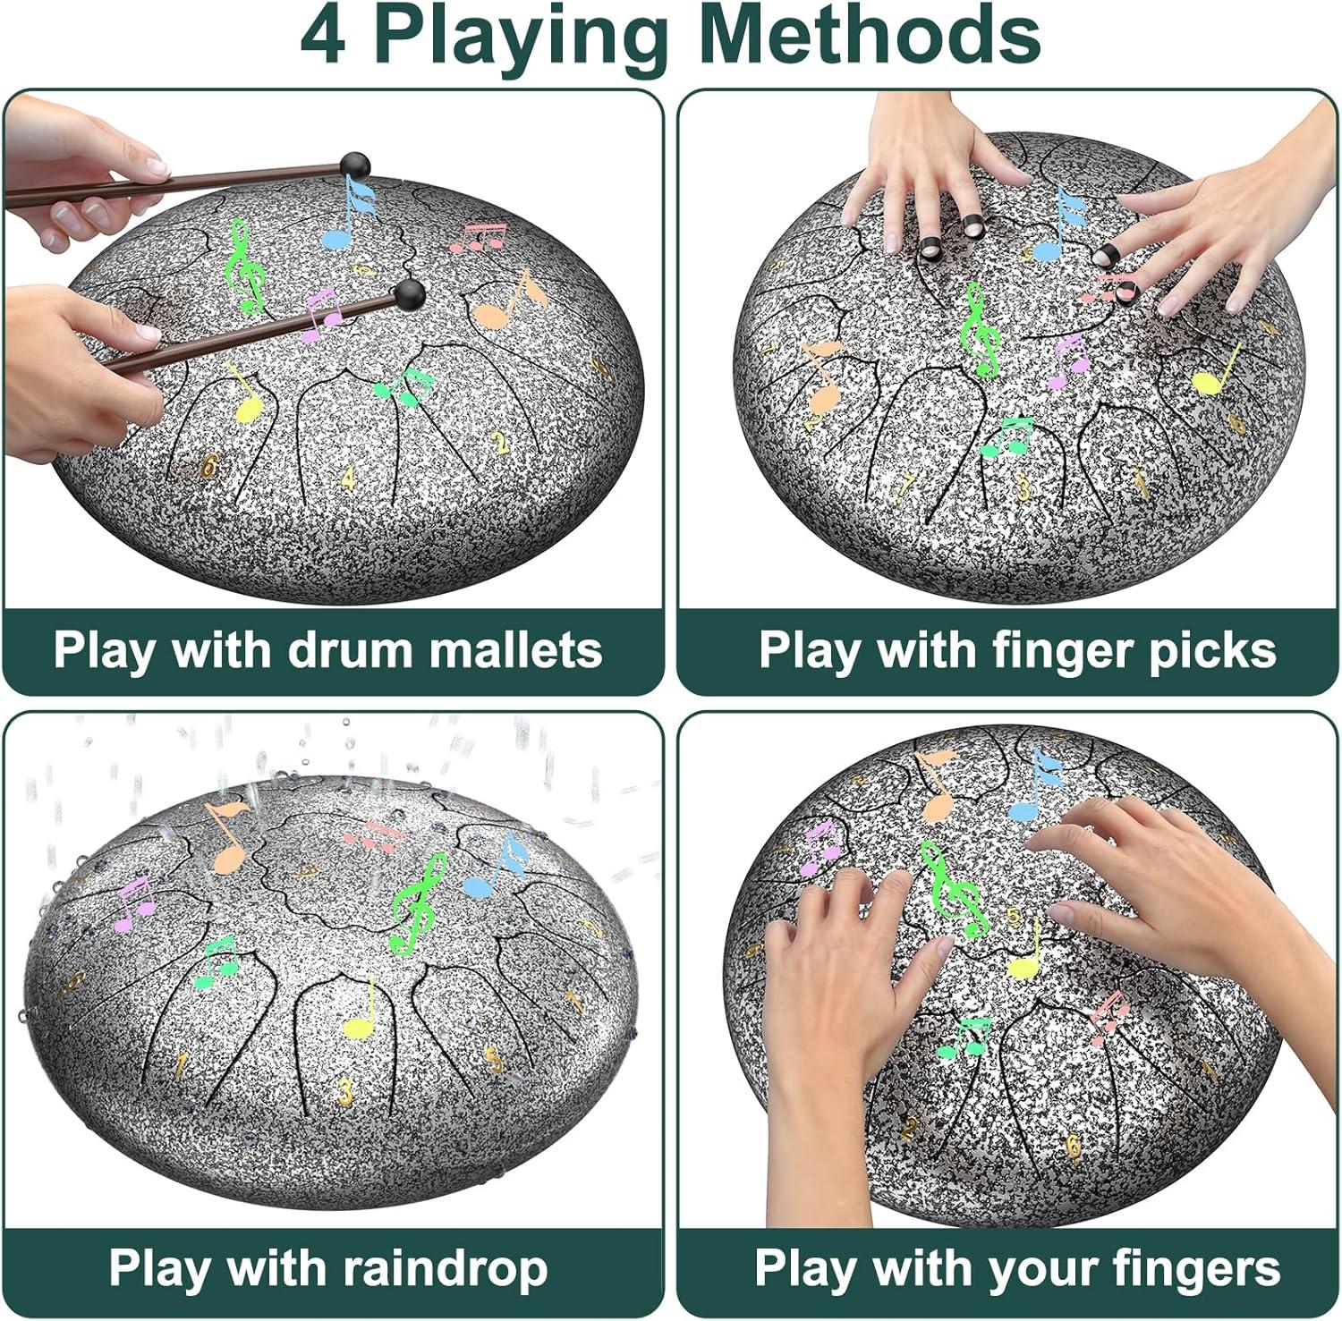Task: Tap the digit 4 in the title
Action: [x=323, y=36]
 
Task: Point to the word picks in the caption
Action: [x=1213, y=651]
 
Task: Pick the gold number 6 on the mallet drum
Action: [x=210, y=465]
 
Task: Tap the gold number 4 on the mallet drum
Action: [x=347, y=478]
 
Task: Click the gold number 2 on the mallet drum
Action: [x=501, y=442]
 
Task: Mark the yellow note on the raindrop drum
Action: [x=361, y=1011]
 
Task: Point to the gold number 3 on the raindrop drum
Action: [x=345, y=1090]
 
